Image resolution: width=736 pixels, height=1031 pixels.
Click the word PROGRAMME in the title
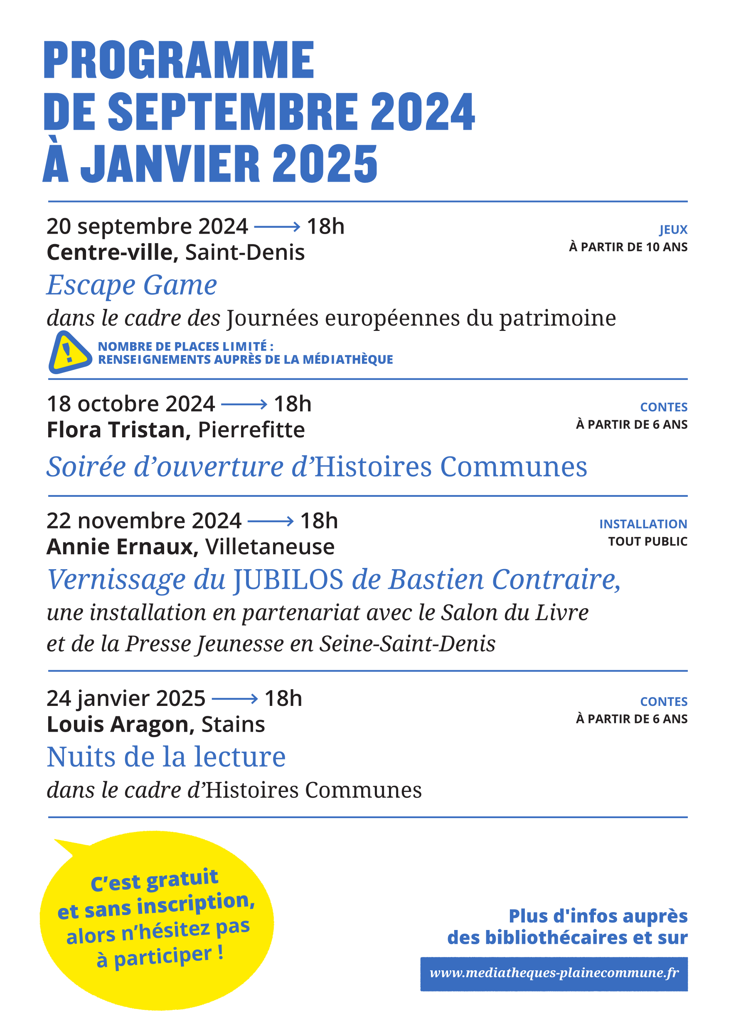point(179,60)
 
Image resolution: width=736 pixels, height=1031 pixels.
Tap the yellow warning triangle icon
point(69,353)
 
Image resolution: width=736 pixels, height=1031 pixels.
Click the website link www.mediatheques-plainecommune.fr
point(554,972)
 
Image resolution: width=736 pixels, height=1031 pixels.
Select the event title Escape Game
point(132,285)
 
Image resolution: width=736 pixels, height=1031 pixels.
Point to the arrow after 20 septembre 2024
point(277,227)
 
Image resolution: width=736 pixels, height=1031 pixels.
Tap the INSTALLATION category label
point(642,524)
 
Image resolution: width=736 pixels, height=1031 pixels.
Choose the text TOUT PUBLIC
point(647,541)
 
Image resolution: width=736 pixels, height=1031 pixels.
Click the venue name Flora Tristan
point(116,430)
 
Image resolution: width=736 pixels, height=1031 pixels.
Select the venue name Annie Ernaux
point(120,547)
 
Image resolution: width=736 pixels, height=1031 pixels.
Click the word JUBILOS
point(288,580)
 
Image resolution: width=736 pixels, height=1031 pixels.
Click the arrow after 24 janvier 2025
point(234,699)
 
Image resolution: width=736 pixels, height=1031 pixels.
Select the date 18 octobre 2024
point(130,404)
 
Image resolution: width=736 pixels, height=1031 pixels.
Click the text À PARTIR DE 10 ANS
point(628,247)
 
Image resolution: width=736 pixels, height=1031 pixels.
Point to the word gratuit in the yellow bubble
point(182,879)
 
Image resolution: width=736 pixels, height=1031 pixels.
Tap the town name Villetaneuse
point(270,547)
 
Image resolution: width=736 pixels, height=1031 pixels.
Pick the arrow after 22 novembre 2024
point(271,521)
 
